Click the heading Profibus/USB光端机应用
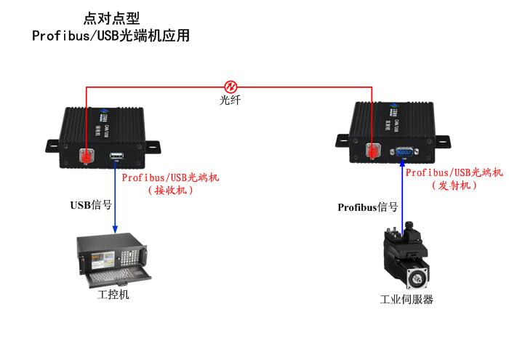click(x=111, y=36)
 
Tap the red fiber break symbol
click(x=231, y=86)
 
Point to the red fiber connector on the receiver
click(x=87, y=156)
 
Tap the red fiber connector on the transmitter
click(x=374, y=151)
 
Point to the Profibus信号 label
click(x=368, y=207)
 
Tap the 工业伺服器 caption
click(x=407, y=299)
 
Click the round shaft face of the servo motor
click(x=417, y=277)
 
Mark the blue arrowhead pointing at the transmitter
click(x=401, y=164)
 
